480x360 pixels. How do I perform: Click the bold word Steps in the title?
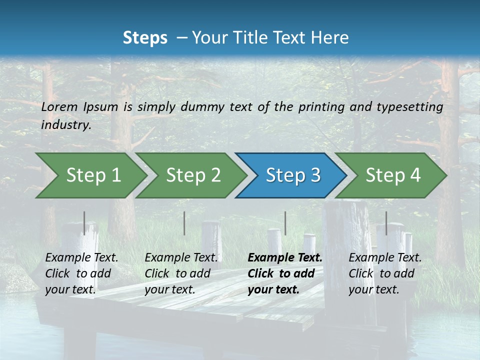click(x=145, y=38)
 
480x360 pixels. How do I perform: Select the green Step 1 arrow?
click(x=90, y=175)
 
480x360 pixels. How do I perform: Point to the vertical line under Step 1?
click(x=84, y=223)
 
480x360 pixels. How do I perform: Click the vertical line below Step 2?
click(x=184, y=223)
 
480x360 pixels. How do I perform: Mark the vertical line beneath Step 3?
click(x=285, y=223)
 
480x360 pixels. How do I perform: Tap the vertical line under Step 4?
click(x=386, y=223)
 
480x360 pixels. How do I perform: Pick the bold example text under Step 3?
click(x=284, y=273)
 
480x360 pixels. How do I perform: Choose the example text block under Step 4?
click(x=385, y=273)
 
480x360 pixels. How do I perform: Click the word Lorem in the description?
click(x=59, y=106)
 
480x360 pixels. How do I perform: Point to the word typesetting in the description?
click(x=409, y=107)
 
